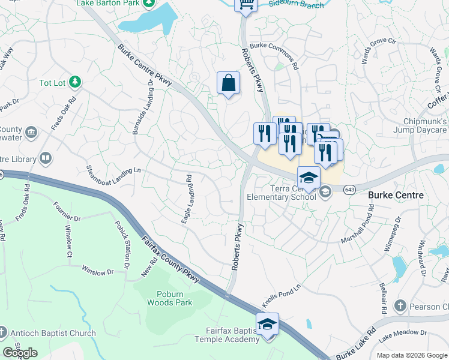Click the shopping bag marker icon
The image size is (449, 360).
pos(228,83)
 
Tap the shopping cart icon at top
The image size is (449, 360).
pos(246,4)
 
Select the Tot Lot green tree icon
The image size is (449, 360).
pos(74,82)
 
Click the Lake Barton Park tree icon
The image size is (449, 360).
pos(148,4)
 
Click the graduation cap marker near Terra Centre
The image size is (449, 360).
pos(309,178)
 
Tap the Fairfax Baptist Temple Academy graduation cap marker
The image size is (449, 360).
pos(267,324)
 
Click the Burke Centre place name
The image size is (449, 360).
pos(396,195)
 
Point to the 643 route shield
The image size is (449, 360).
pos(349,190)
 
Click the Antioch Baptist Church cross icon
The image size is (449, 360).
pos(3,332)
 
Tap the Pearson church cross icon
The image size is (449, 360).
pos(400,307)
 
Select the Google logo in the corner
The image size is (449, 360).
pos(20,353)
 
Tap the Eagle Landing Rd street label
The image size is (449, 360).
pos(186,200)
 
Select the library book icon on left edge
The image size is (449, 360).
pos(45,158)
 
